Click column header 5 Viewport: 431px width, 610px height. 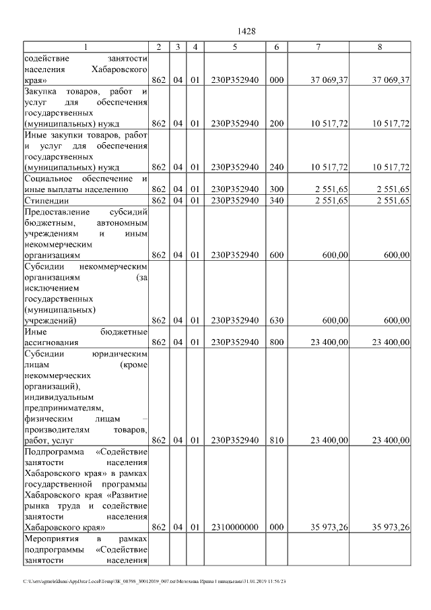point(235,47)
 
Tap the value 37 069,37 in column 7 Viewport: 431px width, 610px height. point(329,80)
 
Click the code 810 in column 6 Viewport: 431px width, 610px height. point(276,440)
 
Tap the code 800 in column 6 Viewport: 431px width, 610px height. point(276,342)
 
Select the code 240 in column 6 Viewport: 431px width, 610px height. point(276,167)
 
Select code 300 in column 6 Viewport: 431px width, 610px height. point(276,189)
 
